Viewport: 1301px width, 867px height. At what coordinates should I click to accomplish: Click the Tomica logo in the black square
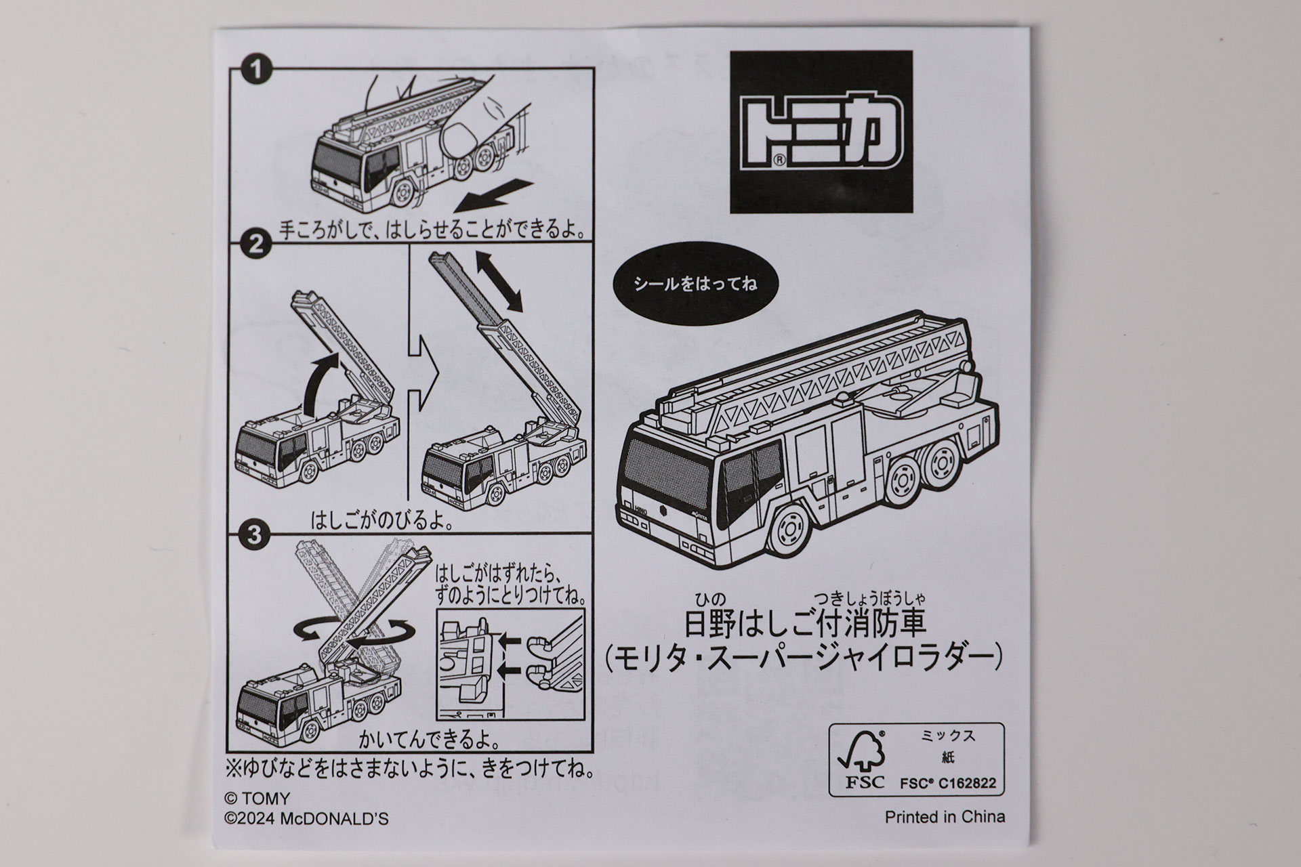(x=821, y=133)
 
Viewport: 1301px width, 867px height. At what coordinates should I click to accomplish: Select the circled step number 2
(x=255, y=245)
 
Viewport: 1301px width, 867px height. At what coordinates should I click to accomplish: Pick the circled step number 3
(x=253, y=535)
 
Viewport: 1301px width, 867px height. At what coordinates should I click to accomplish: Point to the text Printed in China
(x=945, y=817)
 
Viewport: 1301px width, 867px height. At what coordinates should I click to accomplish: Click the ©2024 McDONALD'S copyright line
(x=306, y=819)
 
